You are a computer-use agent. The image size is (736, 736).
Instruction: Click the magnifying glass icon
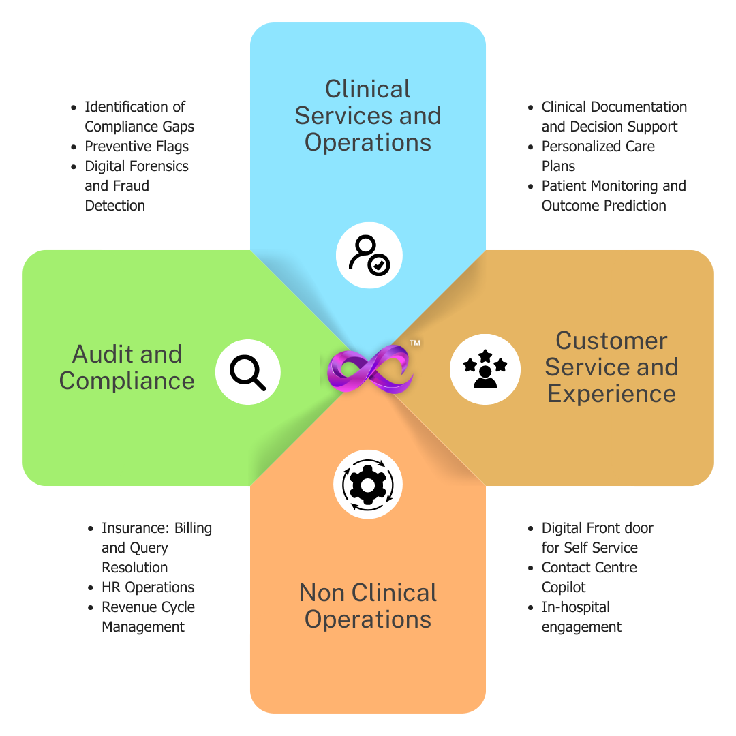pos(247,373)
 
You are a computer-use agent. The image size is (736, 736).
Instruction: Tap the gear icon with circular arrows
pos(368,485)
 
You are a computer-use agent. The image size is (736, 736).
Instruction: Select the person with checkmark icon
pos(369,255)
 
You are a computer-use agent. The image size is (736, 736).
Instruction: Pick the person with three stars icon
pos(485,369)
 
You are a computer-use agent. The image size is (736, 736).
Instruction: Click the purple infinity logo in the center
pos(370,369)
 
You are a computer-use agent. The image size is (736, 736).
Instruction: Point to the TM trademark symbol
pos(415,343)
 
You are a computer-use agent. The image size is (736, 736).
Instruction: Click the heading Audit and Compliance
pos(127,367)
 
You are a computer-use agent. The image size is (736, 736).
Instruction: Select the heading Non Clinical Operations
pos(368,606)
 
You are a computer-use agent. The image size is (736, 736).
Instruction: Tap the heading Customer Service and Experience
pos(611,367)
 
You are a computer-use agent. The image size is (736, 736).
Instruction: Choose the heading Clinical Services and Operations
pos(368,115)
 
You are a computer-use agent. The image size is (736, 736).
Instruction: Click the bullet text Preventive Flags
pos(136,147)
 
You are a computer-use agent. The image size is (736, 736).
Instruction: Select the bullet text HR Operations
pos(148,587)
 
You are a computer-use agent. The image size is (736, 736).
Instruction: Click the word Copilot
pos(564,587)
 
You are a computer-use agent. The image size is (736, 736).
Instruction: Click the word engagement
pos(581,627)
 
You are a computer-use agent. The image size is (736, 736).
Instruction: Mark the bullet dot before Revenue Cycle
pos(91,607)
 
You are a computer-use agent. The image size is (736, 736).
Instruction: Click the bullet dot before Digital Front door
pos(530,529)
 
